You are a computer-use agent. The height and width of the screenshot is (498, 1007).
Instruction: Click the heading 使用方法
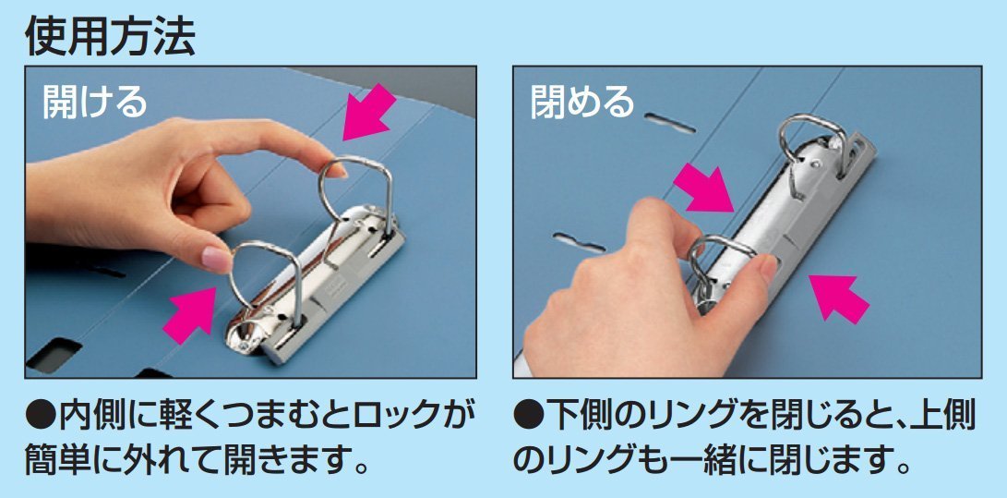pyautogui.click(x=110, y=37)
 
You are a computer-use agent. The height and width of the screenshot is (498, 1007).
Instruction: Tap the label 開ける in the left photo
pyautogui.click(x=95, y=101)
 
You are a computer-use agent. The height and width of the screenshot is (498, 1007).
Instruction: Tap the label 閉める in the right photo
pyautogui.click(x=582, y=101)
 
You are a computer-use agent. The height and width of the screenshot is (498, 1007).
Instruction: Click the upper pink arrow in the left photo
pyautogui.click(x=369, y=113)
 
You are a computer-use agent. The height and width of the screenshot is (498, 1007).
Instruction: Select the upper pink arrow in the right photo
pyautogui.click(x=704, y=188)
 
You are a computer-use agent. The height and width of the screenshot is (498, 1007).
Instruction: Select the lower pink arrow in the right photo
pyautogui.click(x=839, y=298)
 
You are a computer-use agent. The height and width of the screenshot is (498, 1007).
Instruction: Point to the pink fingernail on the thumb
pyautogui.click(x=216, y=259)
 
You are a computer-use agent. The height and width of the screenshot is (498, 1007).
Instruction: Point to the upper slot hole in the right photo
pyautogui.click(x=670, y=123)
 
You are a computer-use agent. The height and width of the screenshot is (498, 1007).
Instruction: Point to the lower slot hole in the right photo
pyautogui.click(x=579, y=242)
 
